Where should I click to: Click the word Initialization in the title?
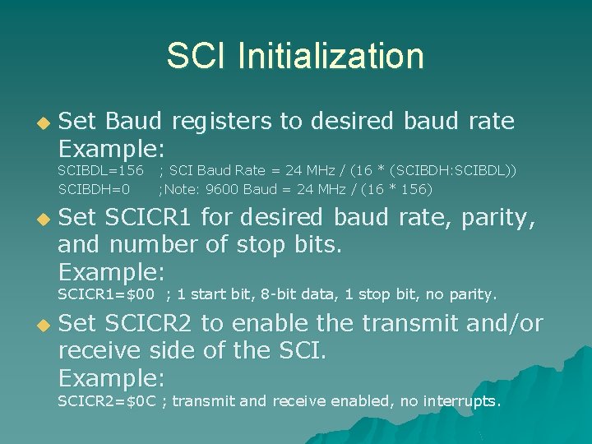pyautogui.click(x=331, y=57)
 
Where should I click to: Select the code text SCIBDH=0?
pyautogui.click(x=94, y=189)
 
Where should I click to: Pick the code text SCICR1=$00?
pyautogui.click(x=106, y=294)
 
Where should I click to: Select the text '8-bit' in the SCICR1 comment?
pyautogui.click(x=261, y=294)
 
